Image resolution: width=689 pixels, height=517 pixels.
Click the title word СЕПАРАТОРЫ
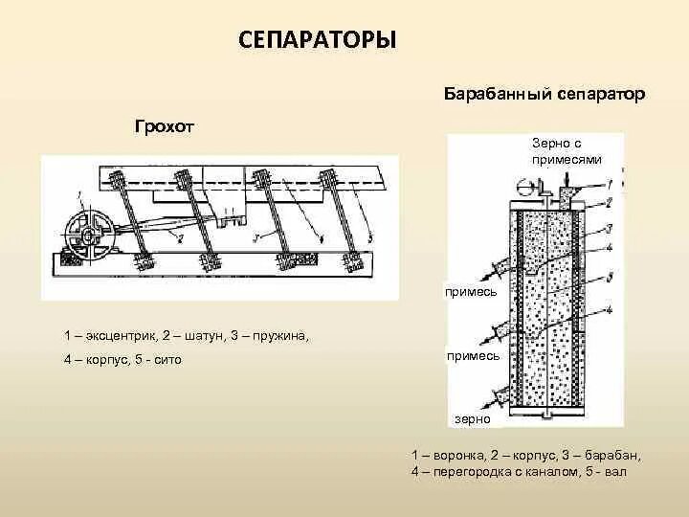[x=316, y=40]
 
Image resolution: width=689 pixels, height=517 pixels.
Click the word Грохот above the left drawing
[x=164, y=127]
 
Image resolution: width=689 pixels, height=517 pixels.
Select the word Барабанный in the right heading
[x=489, y=94]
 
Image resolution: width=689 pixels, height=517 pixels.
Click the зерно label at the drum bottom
[x=473, y=418]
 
